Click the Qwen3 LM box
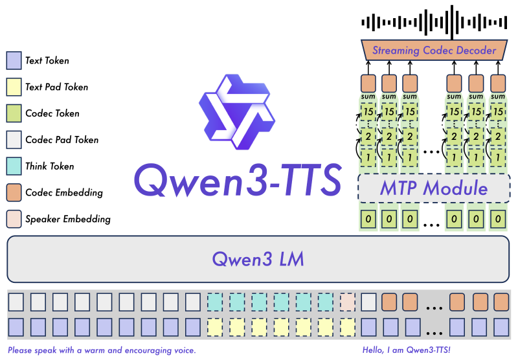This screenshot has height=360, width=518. point(258,260)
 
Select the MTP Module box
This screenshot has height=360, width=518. point(433,188)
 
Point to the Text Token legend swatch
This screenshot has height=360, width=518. point(14,61)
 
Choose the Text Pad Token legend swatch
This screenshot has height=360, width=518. point(14,87)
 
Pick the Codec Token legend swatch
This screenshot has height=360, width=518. point(14,113)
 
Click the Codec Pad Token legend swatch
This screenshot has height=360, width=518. point(14,140)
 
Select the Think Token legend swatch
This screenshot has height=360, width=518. point(14,166)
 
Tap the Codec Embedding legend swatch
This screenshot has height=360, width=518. point(14,192)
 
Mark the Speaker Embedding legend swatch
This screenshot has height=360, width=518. point(14,219)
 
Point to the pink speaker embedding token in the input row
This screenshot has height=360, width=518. point(348,301)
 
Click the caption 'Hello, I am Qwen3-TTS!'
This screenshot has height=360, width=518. point(407,350)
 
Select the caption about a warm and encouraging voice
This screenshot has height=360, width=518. point(102,350)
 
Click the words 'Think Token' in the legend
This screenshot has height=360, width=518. point(50,166)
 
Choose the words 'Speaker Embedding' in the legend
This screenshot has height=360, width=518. point(68,219)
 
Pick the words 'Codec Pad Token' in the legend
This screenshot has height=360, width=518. point(62,140)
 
